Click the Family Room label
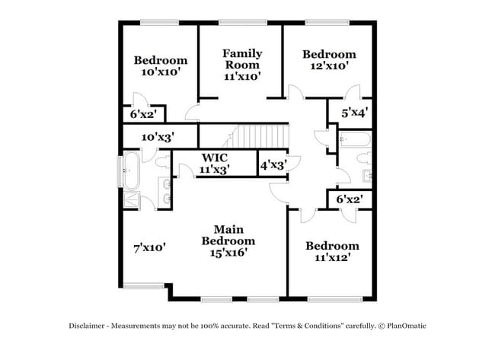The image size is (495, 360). click(242, 59)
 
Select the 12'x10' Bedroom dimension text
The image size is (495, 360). click(329, 66)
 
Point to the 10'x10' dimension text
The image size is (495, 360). click(161, 72)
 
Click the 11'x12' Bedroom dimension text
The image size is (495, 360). click(332, 258)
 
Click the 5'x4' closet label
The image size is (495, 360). click(354, 113)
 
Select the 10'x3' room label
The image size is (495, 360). click(158, 137)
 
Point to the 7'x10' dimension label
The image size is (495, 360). click(149, 247)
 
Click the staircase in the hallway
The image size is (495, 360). click(259, 137)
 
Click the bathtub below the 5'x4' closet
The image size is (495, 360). click(354, 139)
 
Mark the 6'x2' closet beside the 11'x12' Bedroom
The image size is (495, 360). click(349, 199)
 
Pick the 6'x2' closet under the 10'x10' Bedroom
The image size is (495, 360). click(142, 114)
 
